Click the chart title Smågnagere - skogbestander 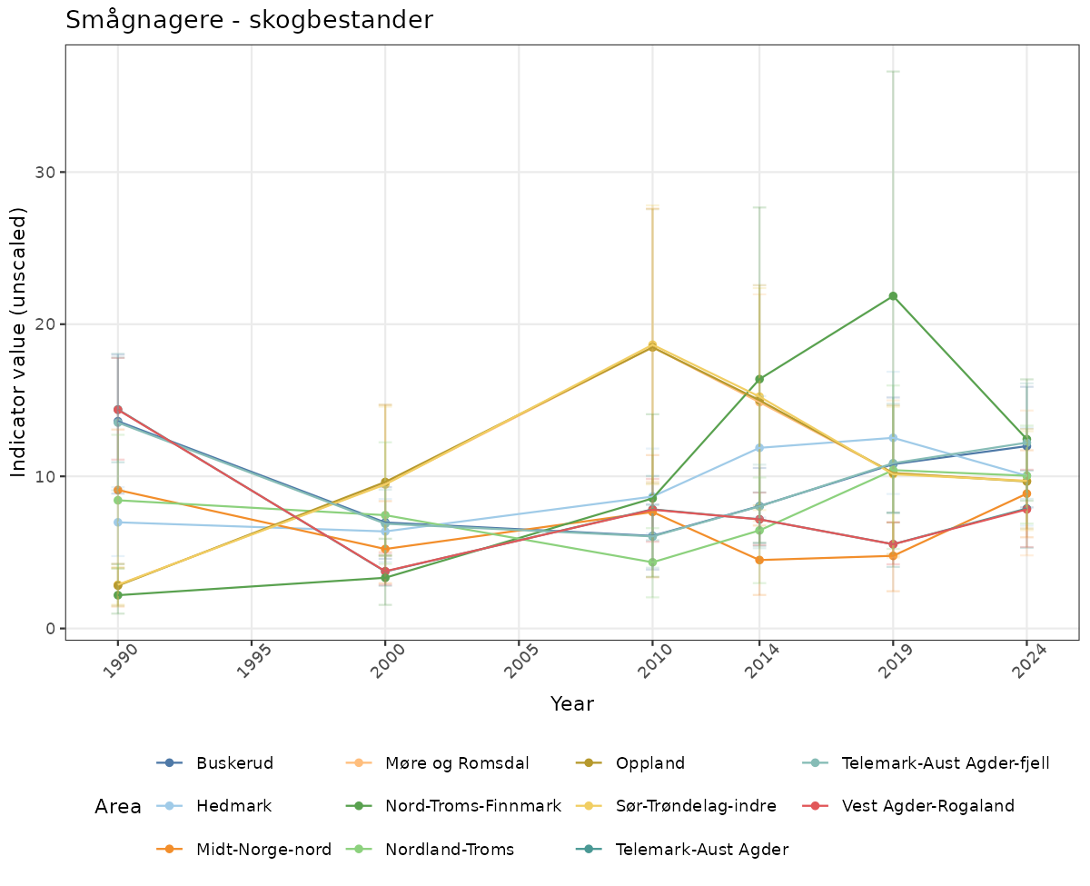[x=249, y=20]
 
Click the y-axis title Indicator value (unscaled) [x=20, y=342]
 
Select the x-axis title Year [x=572, y=703]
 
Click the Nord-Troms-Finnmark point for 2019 [x=893, y=296]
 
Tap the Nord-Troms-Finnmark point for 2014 [x=759, y=379]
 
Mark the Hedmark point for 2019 [x=893, y=438]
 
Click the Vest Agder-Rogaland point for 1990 [x=118, y=410]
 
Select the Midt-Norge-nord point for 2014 [x=759, y=560]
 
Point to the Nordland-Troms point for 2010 [x=652, y=562]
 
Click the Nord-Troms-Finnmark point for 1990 [x=118, y=595]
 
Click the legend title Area [x=118, y=807]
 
